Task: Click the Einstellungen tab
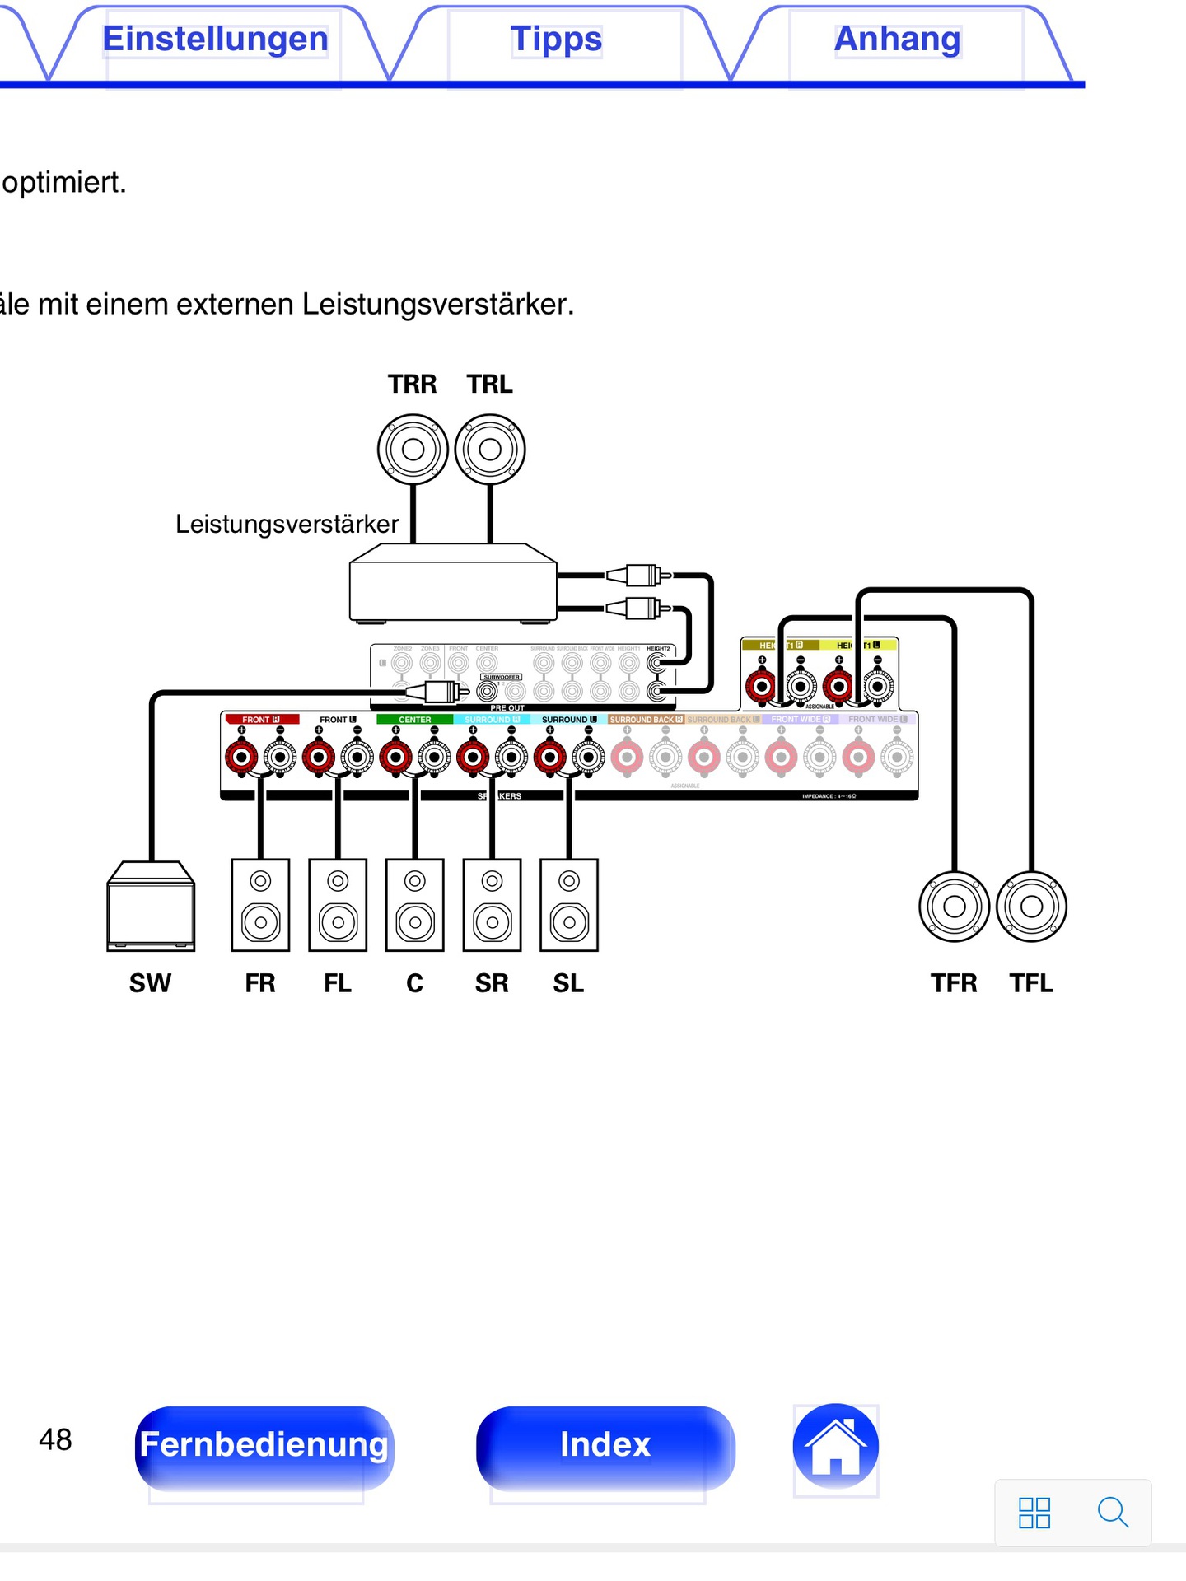tap(215, 40)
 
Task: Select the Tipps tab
tap(556, 40)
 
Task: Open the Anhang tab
tap(897, 40)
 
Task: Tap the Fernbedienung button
tap(264, 1446)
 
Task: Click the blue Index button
tap(605, 1446)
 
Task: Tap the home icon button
tap(835, 1446)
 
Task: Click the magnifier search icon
tap(1112, 1512)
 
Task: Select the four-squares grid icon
tap(1034, 1513)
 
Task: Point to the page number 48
tap(55, 1439)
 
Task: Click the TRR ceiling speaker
tap(413, 450)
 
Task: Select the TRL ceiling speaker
tap(490, 450)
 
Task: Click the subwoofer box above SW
tap(151, 907)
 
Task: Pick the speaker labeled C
tap(415, 905)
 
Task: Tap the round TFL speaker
tap(1031, 907)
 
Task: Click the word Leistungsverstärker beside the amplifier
tap(287, 525)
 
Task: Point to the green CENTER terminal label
tap(414, 720)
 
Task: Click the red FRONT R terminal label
tap(261, 720)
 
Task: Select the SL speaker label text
tap(568, 983)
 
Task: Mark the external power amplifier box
tap(453, 583)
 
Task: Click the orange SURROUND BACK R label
tap(646, 720)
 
